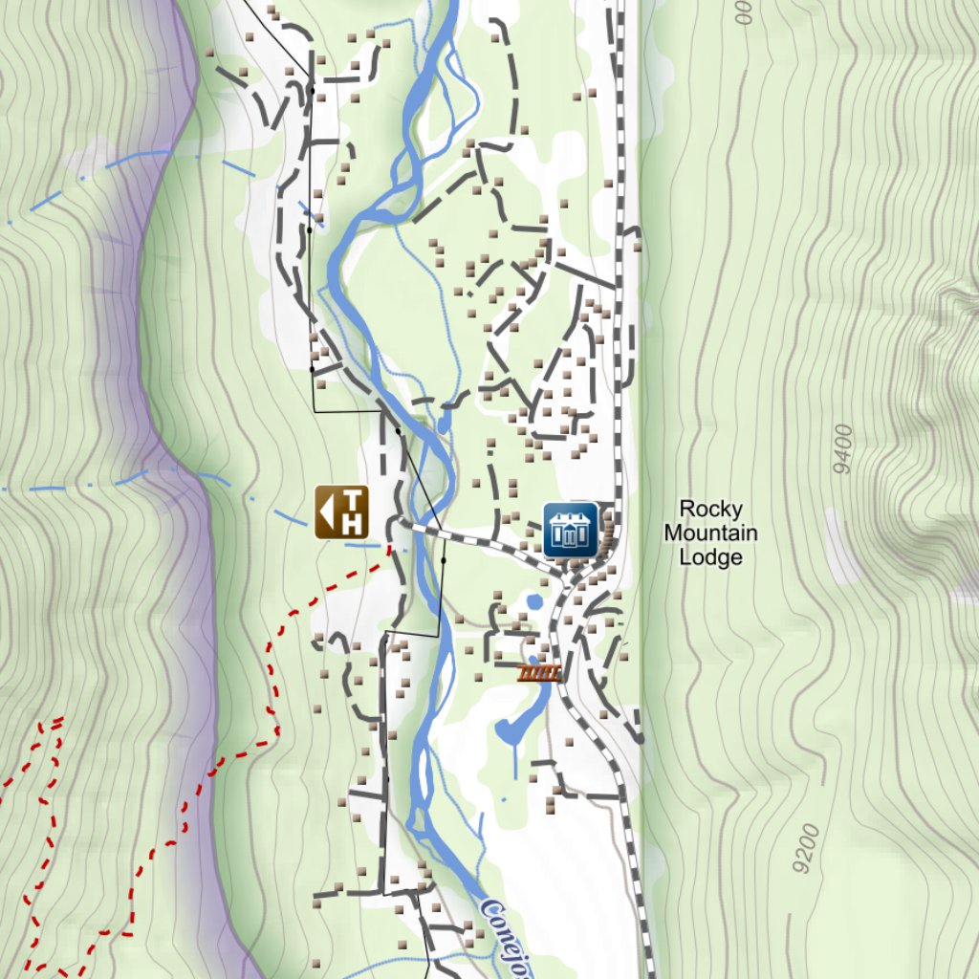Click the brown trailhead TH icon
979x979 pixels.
point(341,511)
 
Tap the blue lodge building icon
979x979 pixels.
point(571,530)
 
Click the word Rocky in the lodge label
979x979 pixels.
point(710,509)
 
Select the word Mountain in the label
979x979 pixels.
point(710,533)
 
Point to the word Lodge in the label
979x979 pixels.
point(710,556)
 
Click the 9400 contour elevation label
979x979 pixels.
point(842,449)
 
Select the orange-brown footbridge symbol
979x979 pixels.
point(539,673)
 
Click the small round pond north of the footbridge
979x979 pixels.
point(533,601)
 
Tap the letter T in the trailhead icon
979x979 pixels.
point(353,500)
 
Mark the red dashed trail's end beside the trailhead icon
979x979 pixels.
point(389,549)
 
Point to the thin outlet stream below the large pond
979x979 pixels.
point(514,760)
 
